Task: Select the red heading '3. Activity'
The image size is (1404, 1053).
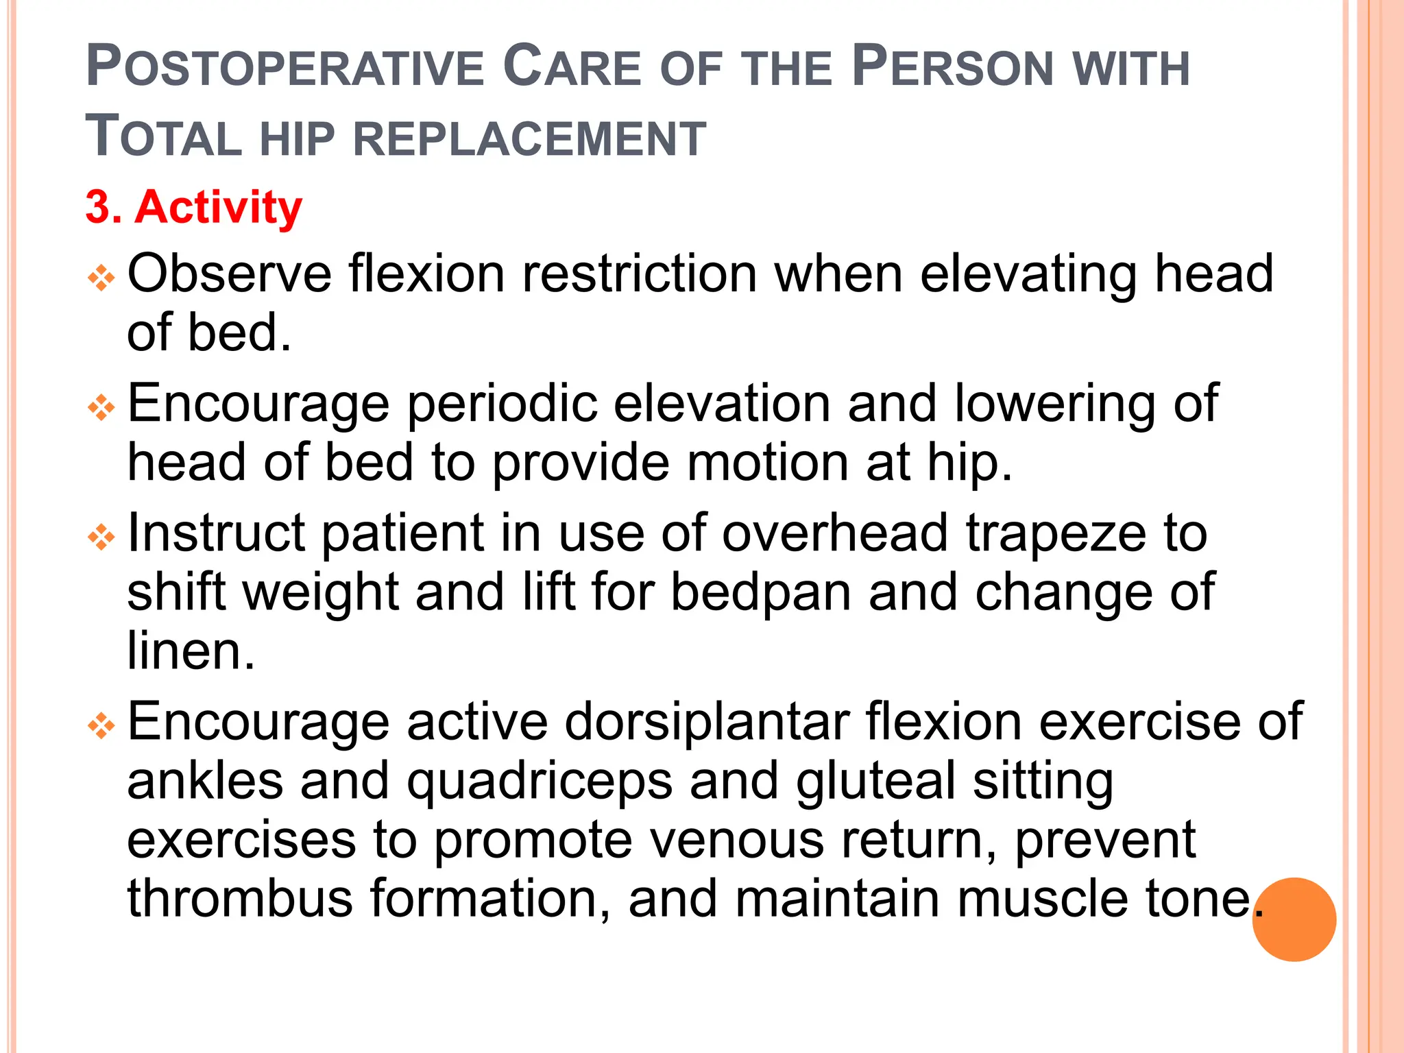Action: click(x=193, y=207)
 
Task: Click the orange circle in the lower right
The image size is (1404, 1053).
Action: click(x=1294, y=919)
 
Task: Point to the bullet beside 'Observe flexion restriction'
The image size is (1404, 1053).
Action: click(x=101, y=278)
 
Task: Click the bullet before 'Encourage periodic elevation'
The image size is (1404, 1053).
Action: click(x=101, y=409)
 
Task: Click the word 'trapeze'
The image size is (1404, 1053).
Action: click(x=1056, y=533)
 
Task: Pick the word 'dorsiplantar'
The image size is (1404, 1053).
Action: click(x=707, y=722)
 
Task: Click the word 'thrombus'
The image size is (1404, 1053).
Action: click(x=239, y=899)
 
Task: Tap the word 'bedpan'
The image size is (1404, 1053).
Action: click(x=760, y=592)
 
